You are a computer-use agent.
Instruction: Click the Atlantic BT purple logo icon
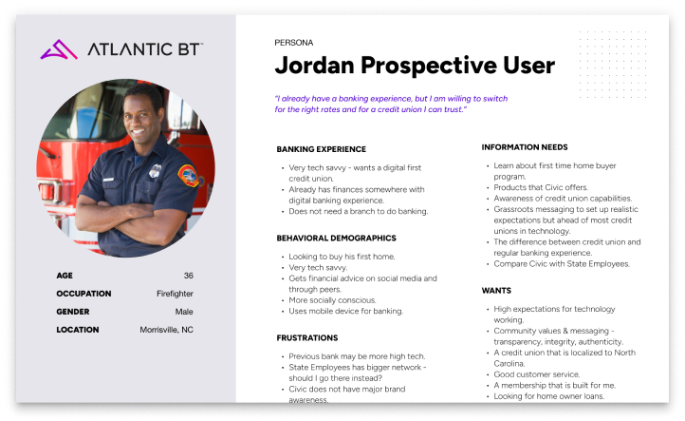[x=59, y=49]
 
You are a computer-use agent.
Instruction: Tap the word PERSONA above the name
[x=293, y=43]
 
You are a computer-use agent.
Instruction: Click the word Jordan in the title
[x=315, y=66]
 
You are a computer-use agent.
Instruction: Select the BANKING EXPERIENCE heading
[x=321, y=149]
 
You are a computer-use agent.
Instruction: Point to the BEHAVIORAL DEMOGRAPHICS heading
[x=336, y=239]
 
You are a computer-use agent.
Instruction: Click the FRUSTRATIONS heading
[x=307, y=338]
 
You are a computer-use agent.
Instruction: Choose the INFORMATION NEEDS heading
[x=525, y=147]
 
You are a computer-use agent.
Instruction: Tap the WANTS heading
[x=496, y=291]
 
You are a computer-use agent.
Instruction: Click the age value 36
[x=188, y=276]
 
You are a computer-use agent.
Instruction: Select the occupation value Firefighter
[x=175, y=294]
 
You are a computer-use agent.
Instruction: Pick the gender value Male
[x=184, y=312]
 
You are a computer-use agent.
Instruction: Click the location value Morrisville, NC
[x=166, y=330]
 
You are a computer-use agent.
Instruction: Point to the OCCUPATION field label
[x=83, y=294]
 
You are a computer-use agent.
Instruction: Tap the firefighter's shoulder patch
[x=189, y=175]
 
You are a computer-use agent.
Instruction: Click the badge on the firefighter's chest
[x=155, y=171]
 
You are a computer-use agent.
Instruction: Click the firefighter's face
[x=139, y=117]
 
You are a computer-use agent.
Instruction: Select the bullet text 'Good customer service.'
[x=536, y=374]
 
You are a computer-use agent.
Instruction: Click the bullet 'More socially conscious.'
[x=332, y=300]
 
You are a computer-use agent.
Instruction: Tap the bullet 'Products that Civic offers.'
[x=541, y=187]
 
